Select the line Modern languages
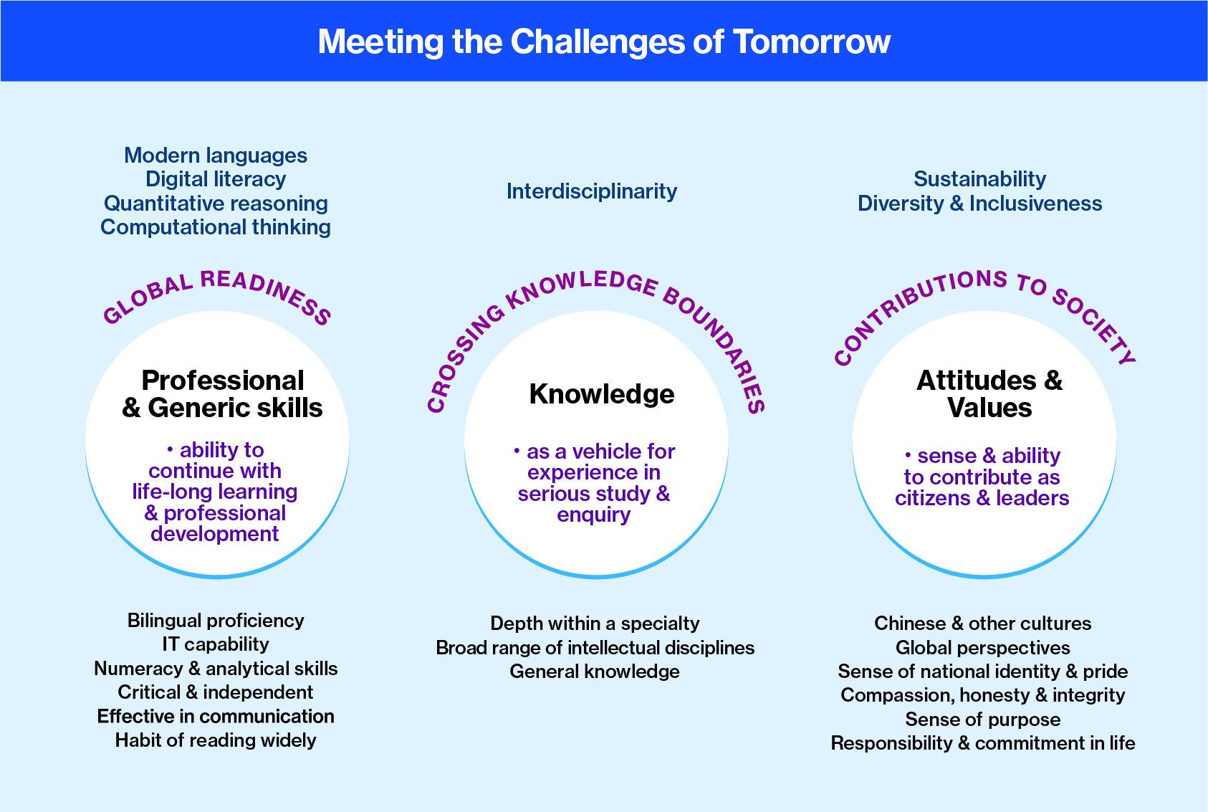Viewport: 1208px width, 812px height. [x=216, y=156]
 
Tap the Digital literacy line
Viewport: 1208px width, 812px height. [x=216, y=179]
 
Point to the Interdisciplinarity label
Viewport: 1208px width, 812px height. [x=592, y=191]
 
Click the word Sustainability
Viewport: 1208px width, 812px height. [x=980, y=179]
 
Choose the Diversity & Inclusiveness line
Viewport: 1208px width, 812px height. [x=980, y=204]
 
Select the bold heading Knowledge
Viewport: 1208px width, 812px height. [x=602, y=394]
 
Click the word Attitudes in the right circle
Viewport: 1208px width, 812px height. [x=977, y=381]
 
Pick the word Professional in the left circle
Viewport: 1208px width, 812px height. [x=223, y=381]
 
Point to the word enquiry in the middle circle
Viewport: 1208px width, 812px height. [x=594, y=515]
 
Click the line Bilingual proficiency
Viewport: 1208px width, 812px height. [x=216, y=621]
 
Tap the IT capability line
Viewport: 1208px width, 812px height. [x=216, y=644]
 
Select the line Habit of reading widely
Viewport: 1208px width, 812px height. [x=216, y=740]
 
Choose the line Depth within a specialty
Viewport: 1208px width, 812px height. [x=595, y=624]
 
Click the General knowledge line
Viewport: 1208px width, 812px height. [x=595, y=672]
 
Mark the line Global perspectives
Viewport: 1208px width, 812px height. [x=982, y=647]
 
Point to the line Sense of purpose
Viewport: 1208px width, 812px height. [x=982, y=720]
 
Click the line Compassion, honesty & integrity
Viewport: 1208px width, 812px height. [x=982, y=695]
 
